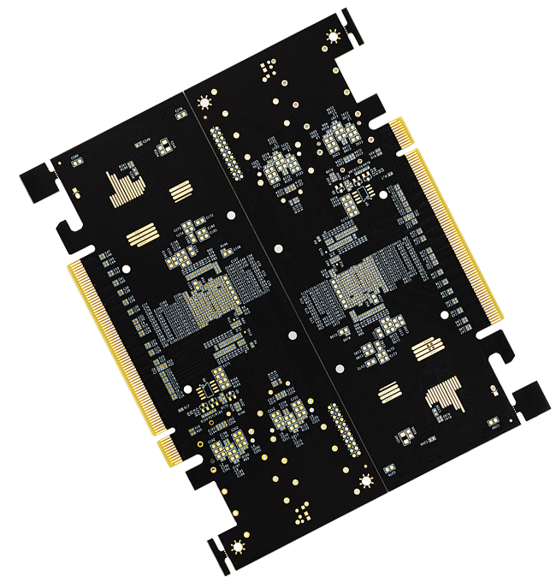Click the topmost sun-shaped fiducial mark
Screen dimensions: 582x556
point(333,36)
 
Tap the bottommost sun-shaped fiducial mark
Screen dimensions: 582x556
point(237,546)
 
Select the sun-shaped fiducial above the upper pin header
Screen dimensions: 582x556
point(204,102)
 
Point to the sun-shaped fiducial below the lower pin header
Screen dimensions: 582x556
point(366,479)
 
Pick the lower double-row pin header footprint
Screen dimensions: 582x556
point(341,432)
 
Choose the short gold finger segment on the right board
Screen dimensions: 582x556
point(398,128)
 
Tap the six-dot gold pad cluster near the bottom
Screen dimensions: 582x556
point(299,510)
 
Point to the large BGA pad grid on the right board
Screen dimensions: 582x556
point(356,282)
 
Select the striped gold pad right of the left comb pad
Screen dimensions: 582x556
point(180,191)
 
